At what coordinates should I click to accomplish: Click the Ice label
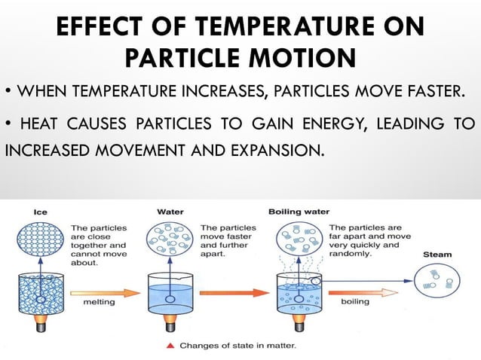[x=40, y=212]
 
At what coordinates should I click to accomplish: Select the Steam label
[x=438, y=255]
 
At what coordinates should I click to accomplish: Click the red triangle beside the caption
[x=173, y=346]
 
